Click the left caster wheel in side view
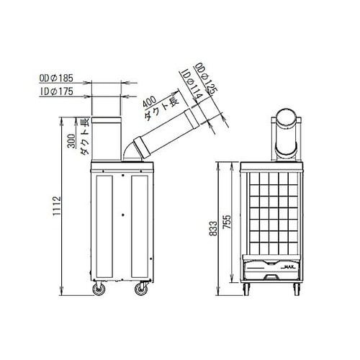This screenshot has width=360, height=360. [97, 289]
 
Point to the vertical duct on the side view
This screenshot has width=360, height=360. [110, 138]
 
